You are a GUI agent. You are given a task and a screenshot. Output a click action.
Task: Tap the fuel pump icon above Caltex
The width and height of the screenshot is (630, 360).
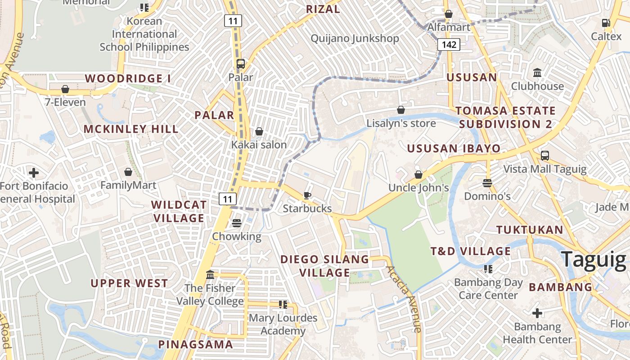pyautogui.click(x=606, y=23)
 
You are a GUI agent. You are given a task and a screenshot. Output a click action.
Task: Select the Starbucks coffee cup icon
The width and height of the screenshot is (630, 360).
pyautogui.click(x=307, y=195)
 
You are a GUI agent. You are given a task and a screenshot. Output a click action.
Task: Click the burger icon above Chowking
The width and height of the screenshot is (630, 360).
pyautogui.click(x=237, y=223)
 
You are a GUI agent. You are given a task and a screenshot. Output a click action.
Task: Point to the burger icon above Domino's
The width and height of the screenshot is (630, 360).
pyautogui.click(x=487, y=183)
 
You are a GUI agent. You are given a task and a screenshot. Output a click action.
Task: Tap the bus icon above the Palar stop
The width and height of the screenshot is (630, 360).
pyautogui.click(x=241, y=63)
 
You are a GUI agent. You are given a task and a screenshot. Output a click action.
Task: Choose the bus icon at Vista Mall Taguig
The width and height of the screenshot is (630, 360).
pyautogui.click(x=544, y=156)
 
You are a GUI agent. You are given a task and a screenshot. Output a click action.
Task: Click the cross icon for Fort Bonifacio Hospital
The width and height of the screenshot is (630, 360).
pyautogui.click(x=33, y=172)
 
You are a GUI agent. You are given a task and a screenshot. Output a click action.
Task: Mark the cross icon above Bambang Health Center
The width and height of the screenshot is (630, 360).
pyautogui.click(x=537, y=313)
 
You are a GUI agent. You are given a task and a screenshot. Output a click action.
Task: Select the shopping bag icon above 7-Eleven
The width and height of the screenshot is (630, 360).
pyautogui.click(x=65, y=89)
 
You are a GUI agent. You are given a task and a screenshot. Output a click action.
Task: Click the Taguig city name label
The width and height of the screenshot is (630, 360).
pyautogui.click(x=593, y=260)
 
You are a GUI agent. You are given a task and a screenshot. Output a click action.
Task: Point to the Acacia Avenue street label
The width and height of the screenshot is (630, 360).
pyautogui.click(x=404, y=299)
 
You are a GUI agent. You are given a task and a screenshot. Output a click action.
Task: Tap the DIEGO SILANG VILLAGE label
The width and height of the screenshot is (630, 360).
pyautogui.click(x=324, y=266)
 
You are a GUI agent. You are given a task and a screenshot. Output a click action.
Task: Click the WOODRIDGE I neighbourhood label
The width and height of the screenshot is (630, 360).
pyautogui.click(x=128, y=78)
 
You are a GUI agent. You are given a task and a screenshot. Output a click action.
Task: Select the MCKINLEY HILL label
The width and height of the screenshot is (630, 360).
pyautogui.click(x=131, y=129)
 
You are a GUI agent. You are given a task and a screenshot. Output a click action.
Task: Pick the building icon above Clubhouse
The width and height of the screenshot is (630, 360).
pyautogui.click(x=537, y=73)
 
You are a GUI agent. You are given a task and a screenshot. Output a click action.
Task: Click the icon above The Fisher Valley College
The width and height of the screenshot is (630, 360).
pyautogui.click(x=210, y=274)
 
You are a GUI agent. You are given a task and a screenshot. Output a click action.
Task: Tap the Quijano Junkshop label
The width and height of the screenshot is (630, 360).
pyautogui.click(x=355, y=38)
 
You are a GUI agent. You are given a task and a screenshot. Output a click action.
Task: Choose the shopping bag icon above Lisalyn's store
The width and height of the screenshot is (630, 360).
pyautogui.click(x=400, y=110)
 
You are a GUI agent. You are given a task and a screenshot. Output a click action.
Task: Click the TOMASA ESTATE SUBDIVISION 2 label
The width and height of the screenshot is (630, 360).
pyautogui.click(x=505, y=117)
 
